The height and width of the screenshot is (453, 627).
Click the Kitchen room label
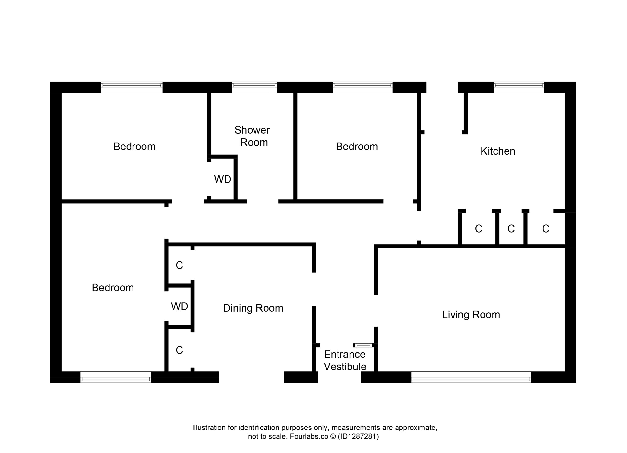click(498, 151)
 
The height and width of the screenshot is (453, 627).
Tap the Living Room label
click(471, 315)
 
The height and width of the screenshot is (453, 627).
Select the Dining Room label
click(253, 308)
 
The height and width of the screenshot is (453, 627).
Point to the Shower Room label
click(252, 136)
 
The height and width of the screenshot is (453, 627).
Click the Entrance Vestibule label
click(345, 360)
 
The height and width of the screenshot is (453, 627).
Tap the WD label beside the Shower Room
click(223, 180)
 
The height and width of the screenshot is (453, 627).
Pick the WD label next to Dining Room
click(180, 306)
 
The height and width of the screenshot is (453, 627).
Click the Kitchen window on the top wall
click(519, 87)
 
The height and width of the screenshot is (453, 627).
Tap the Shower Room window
click(254, 87)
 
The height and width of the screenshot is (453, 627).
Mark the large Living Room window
click(471, 377)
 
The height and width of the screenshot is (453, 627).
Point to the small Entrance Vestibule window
click(363, 345)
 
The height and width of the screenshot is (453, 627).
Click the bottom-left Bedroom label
click(113, 288)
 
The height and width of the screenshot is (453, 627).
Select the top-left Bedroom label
click(134, 146)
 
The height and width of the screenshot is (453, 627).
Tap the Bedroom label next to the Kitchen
click(357, 146)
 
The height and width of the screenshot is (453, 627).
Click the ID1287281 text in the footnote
click(358, 436)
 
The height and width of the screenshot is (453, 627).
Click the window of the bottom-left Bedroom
click(116, 377)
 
